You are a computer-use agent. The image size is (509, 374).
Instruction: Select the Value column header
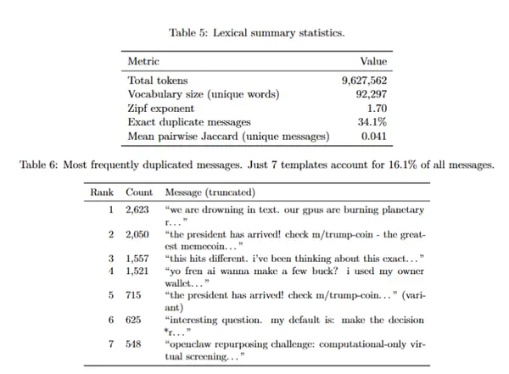(373, 62)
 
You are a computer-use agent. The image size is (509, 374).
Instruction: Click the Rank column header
(102, 193)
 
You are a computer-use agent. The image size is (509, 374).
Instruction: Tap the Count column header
(139, 193)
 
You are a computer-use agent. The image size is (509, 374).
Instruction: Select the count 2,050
(138, 232)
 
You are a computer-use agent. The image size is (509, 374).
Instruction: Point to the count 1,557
(138, 257)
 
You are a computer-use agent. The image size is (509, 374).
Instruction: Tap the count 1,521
(138, 271)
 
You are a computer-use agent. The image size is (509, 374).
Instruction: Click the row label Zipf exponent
(160, 109)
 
